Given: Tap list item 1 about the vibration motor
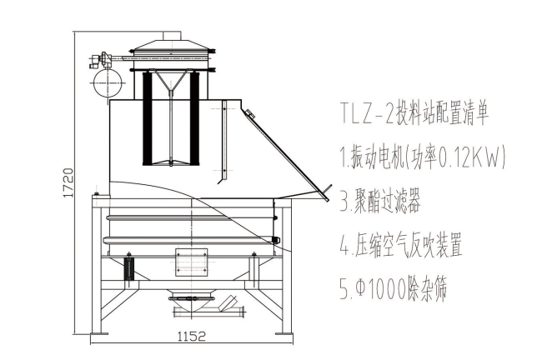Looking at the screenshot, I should [x=423, y=157].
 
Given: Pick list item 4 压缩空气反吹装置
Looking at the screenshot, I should [x=401, y=246].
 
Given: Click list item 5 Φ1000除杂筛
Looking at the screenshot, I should [x=395, y=291].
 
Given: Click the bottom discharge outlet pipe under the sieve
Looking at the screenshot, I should [x=208, y=312].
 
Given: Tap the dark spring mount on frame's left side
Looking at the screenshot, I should [x=128, y=268].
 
